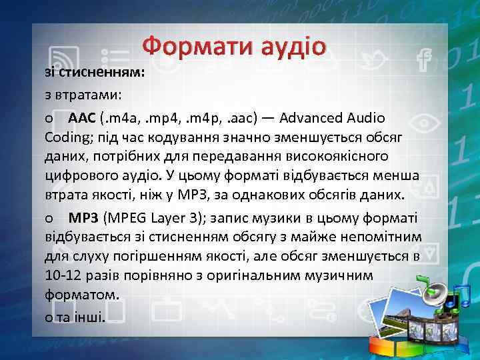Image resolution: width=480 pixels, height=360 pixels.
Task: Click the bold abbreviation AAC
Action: [82, 118]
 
